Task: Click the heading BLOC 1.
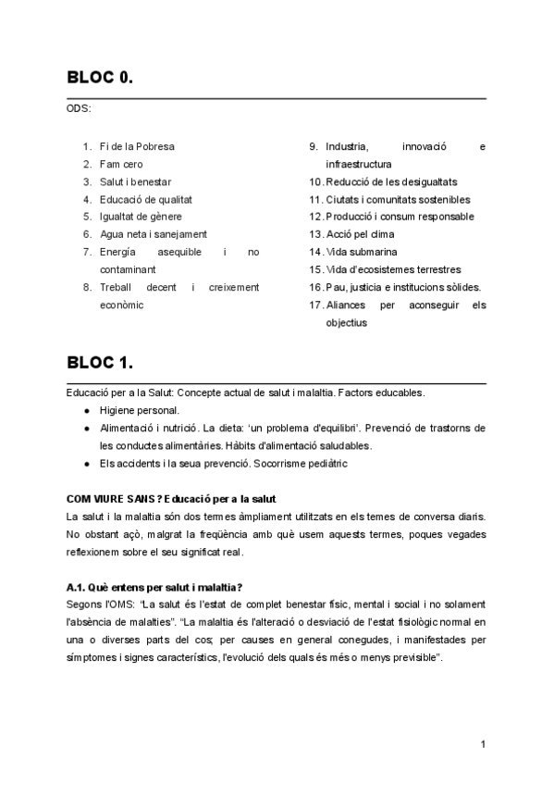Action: [100, 363]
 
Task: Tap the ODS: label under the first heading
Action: [79, 108]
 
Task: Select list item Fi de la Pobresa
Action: [137, 146]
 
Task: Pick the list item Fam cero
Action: [121, 164]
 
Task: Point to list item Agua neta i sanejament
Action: [153, 234]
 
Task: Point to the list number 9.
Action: [314, 146]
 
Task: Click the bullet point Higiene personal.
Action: [140, 410]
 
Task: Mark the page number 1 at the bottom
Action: [484, 744]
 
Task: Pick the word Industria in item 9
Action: [347, 146]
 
